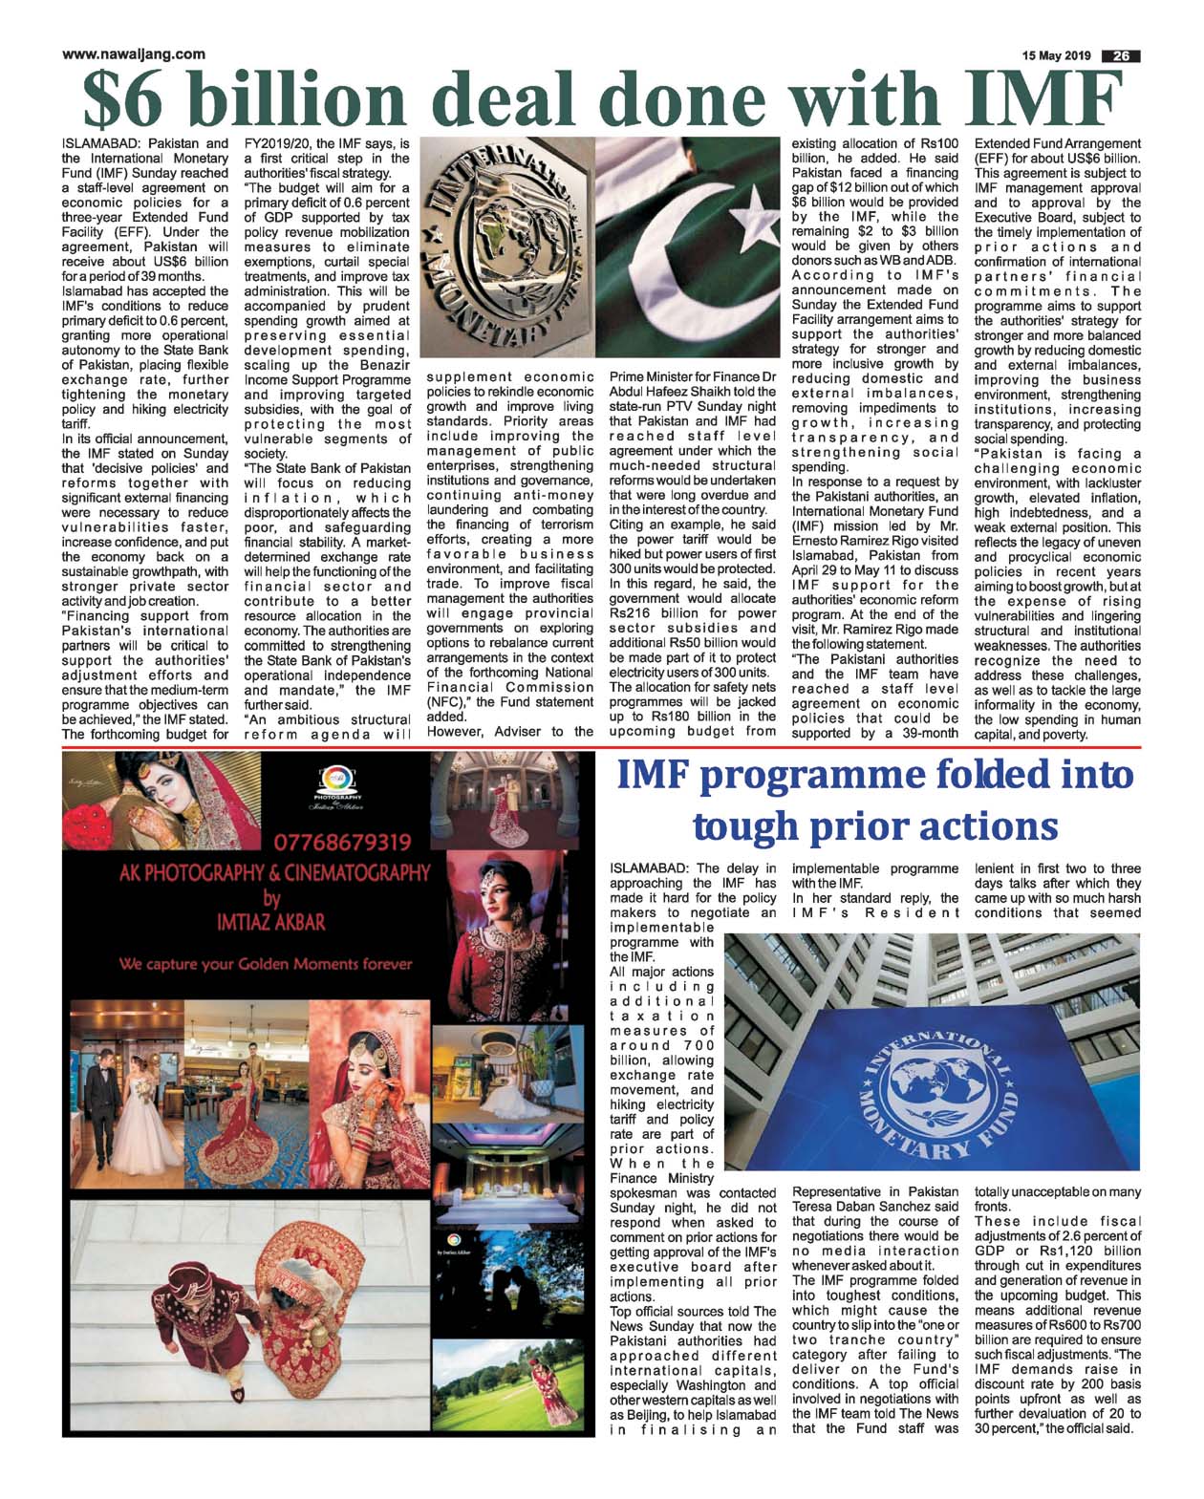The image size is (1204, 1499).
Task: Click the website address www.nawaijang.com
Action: [133, 54]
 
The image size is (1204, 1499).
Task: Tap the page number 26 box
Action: [1121, 56]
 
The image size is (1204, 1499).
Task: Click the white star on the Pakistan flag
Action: [755, 208]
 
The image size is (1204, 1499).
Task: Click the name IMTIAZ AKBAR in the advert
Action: [272, 922]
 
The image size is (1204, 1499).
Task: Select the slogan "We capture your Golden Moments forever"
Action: [266, 964]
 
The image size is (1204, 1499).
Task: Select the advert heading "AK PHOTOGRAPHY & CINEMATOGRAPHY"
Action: [273, 873]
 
